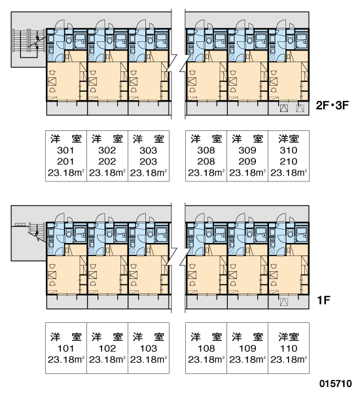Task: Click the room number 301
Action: click(65, 151)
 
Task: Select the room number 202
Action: click(107, 161)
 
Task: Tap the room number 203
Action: click(149, 161)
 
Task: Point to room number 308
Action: click(206, 151)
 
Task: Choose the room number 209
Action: click(247, 161)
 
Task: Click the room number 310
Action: click(289, 151)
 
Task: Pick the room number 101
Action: click(65, 348)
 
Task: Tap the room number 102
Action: click(107, 348)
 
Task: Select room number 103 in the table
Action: click(149, 348)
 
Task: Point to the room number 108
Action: click(206, 348)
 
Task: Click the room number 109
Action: click(247, 348)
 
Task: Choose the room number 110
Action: click(289, 348)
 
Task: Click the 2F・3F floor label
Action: click(333, 105)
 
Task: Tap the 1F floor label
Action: click(324, 300)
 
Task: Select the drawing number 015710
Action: click(335, 383)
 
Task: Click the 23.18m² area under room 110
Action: click(289, 360)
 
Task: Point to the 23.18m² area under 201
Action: click(66, 173)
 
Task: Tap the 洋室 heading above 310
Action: click(289, 139)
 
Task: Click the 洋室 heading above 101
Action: click(66, 337)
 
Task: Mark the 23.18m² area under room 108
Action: click(206, 360)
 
